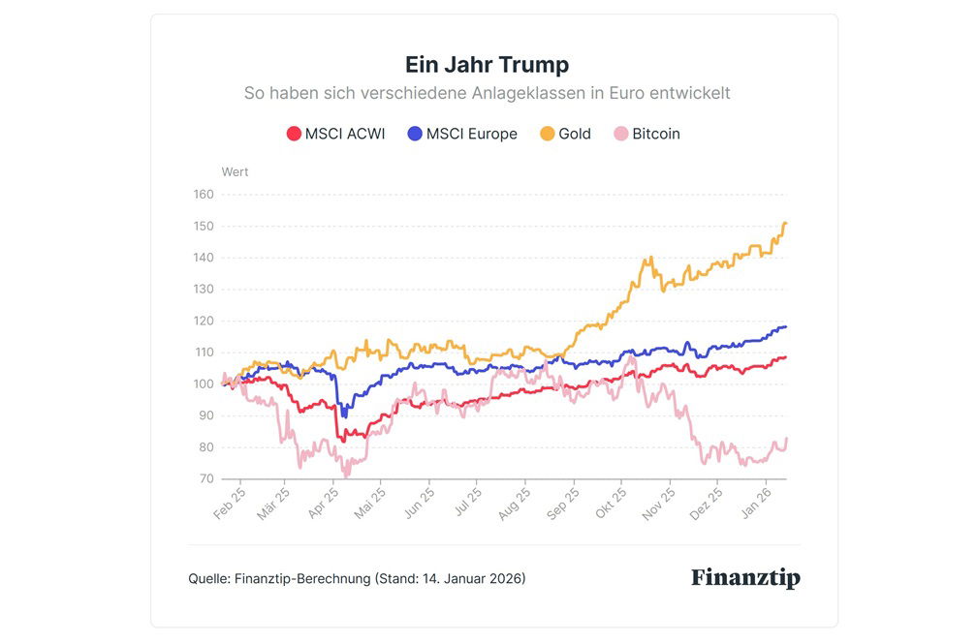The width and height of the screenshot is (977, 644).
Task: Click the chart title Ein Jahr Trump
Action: tap(487, 65)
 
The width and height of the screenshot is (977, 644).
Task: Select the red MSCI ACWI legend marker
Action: tap(294, 134)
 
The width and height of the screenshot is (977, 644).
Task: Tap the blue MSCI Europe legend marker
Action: tap(415, 134)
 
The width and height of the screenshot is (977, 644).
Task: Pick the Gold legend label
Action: tap(575, 134)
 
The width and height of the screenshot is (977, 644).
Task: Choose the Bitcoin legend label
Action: tap(656, 134)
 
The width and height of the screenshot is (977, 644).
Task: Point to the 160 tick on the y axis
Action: tap(204, 194)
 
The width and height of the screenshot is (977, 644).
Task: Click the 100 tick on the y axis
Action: tap(204, 383)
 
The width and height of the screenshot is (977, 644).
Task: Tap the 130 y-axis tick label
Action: tap(204, 289)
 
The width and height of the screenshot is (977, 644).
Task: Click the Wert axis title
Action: tap(236, 172)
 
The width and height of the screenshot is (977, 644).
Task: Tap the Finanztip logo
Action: tap(745, 578)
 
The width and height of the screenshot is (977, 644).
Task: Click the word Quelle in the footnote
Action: tap(208, 579)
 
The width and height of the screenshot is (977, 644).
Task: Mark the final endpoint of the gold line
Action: tap(785, 224)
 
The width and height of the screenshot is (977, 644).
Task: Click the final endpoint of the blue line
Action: tap(785, 326)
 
